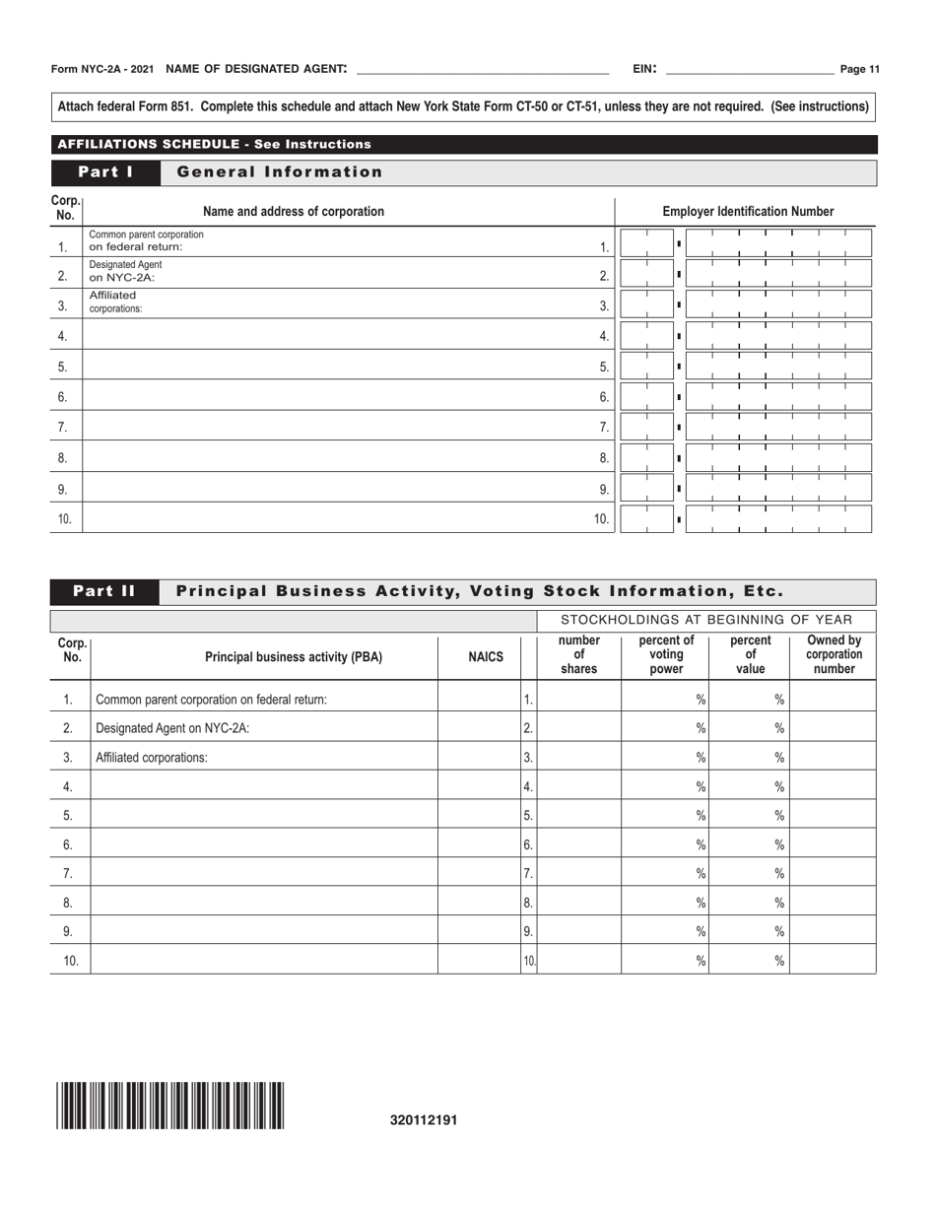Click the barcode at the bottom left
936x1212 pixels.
point(170,1105)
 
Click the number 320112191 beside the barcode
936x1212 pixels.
point(424,1120)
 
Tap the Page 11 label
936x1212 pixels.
point(860,69)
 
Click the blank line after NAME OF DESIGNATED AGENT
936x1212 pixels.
point(482,70)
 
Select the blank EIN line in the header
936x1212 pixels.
point(750,70)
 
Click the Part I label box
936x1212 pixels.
point(105,172)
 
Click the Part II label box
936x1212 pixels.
point(105,591)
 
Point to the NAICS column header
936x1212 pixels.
point(486,657)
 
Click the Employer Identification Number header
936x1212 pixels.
point(748,211)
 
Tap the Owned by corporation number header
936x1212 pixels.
point(834,656)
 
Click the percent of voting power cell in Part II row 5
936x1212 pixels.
point(665,815)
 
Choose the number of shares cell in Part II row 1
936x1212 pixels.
point(579,700)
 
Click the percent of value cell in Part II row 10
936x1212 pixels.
point(750,960)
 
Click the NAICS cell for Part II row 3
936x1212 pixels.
point(479,758)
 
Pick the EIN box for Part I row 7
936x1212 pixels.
point(746,428)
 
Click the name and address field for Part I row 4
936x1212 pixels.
point(335,336)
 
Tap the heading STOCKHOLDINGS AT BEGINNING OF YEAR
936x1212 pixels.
point(706,620)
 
